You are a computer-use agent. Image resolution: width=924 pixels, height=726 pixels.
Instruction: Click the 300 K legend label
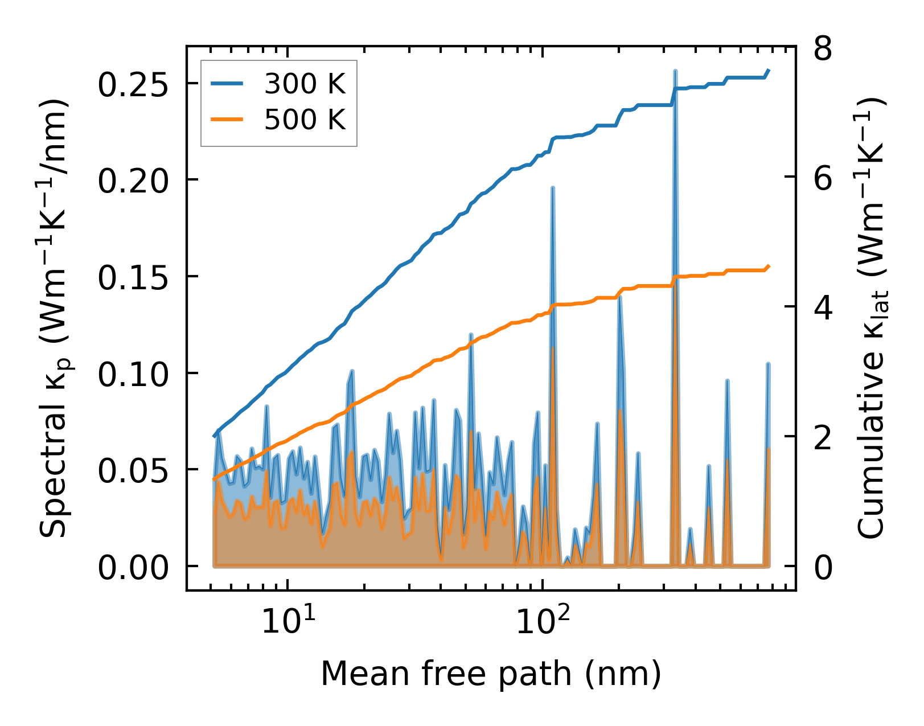[305, 85]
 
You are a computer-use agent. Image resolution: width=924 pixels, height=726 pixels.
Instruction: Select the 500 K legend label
[305, 120]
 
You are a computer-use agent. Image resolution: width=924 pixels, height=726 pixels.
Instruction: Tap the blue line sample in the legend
[227, 85]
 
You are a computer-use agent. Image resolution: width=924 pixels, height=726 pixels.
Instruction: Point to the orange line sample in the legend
[227, 120]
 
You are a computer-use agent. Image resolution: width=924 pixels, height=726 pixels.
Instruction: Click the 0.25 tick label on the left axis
[133, 85]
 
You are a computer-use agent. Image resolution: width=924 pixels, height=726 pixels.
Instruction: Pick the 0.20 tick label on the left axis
[133, 182]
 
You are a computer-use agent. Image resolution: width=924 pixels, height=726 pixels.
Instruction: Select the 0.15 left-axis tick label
[133, 278]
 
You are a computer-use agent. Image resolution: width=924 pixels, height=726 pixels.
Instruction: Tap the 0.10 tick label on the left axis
[133, 375]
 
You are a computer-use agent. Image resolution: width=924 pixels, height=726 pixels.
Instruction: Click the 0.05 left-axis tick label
[133, 471]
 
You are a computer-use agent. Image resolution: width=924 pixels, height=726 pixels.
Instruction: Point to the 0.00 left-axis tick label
[133, 568]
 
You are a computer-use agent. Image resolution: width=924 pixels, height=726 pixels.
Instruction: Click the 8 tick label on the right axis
[823, 49]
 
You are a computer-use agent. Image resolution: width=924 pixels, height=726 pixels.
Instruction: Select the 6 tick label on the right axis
[823, 179]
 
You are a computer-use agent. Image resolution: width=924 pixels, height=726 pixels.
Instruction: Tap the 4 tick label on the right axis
[823, 308]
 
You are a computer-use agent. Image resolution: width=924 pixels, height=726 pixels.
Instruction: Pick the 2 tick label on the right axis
[823, 438]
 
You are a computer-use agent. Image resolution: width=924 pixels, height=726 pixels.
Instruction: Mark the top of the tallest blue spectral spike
[675, 71]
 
